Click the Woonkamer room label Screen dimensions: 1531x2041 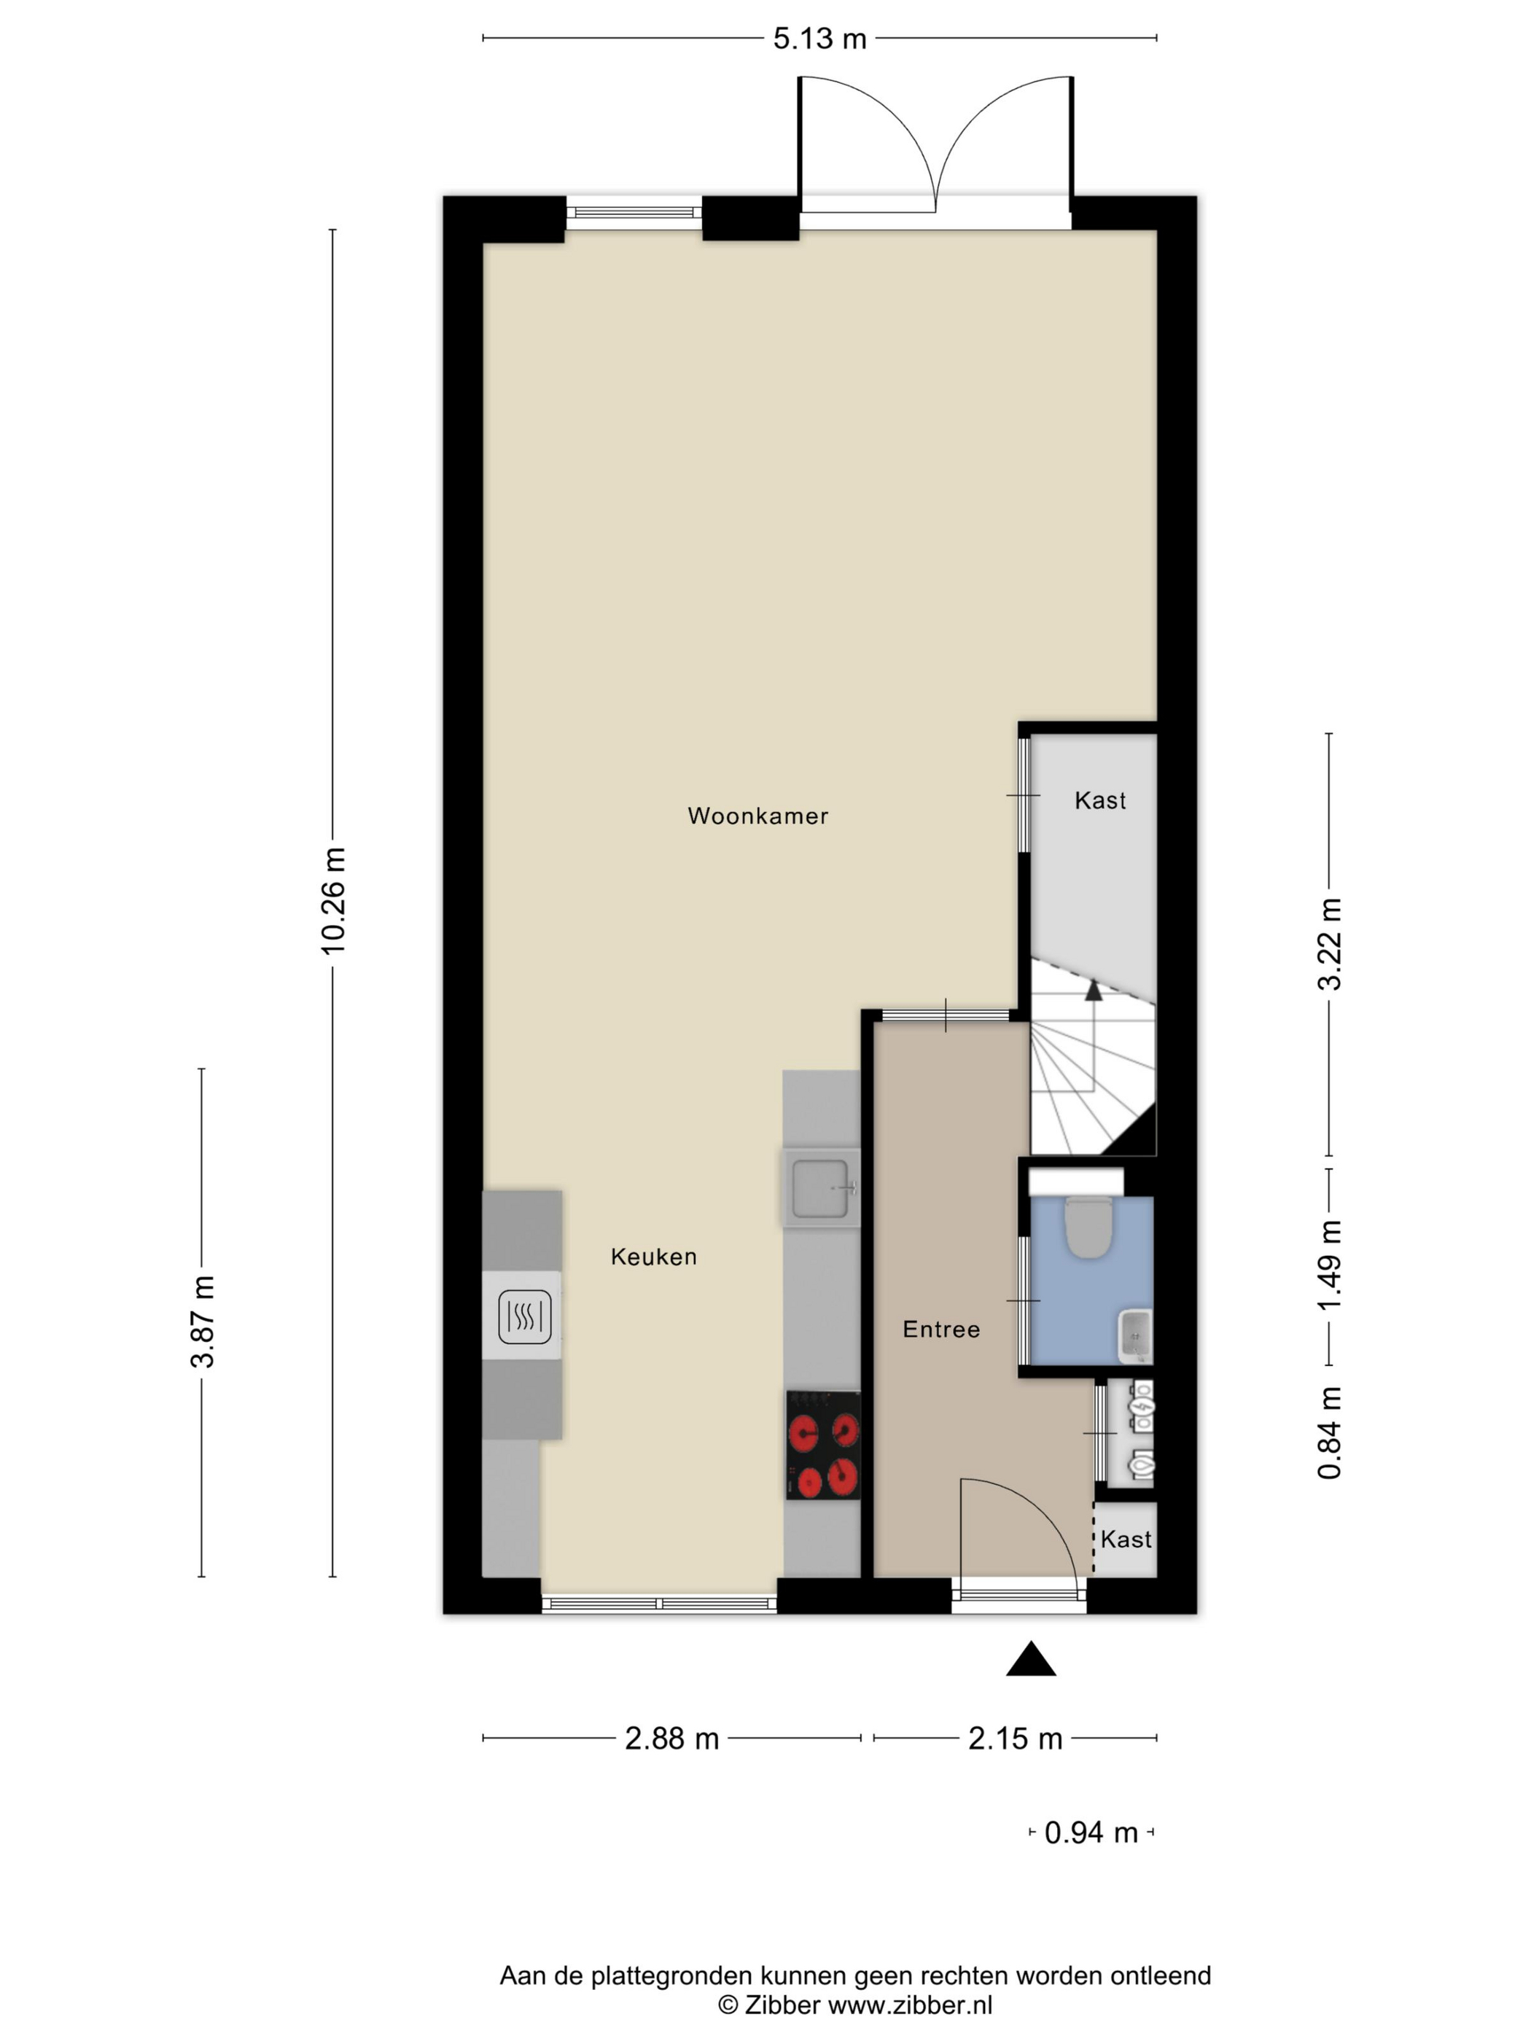(x=757, y=816)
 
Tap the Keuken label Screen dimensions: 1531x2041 (x=653, y=1257)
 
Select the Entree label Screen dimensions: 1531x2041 (x=941, y=1330)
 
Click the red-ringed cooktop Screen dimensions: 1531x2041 (x=823, y=1445)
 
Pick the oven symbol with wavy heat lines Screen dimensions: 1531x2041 (x=524, y=1316)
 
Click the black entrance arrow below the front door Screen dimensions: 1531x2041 (x=1031, y=1659)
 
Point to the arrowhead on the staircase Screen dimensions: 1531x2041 (x=1094, y=990)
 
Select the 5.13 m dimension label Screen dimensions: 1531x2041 (x=819, y=39)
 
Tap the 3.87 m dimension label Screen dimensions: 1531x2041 (x=202, y=1322)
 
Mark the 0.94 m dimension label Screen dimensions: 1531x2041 (x=1091, y=1833)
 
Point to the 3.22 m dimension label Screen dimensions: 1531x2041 (x=1329, y=944)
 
